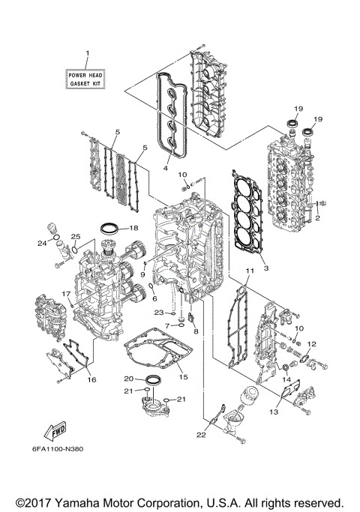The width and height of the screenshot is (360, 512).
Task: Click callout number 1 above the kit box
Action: (87, 53)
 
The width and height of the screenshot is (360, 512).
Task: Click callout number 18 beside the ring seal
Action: (133, 228)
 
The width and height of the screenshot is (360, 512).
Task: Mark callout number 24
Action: (42, 243)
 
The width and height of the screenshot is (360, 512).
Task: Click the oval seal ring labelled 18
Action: (109, 227)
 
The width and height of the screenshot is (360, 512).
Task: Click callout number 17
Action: (65, 294)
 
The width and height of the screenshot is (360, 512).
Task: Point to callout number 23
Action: (158, 312)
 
